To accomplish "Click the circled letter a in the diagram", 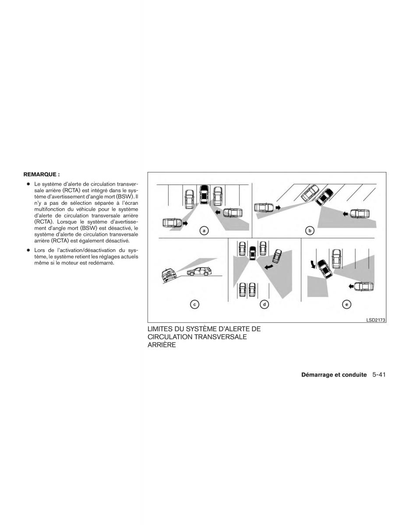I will (203, 230).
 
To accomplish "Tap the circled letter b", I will (310, 230).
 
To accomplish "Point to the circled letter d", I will (264, 304).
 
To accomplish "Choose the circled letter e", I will (347, 304).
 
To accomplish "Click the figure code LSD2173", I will (375, 320).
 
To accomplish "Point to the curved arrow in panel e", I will (312, 264).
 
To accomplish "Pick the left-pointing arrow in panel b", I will (346, 214).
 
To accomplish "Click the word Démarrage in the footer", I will (317, 375).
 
